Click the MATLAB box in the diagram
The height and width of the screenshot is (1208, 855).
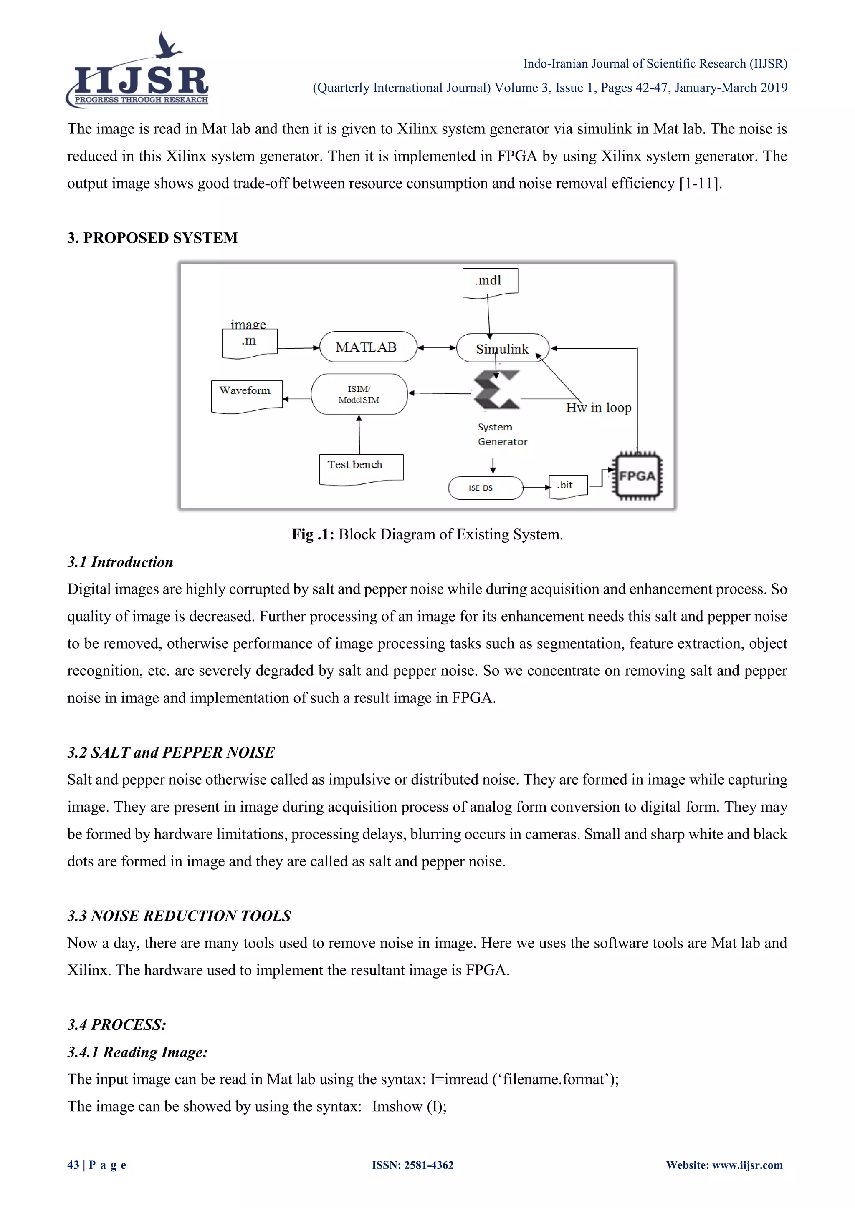tap(367, 347)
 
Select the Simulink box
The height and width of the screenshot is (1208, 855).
tap(502, 348)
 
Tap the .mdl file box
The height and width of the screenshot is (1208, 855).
tap(490, 282)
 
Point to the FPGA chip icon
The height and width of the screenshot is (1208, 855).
tap(637, 476)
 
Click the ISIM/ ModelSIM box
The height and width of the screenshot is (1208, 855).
tap(359, 394)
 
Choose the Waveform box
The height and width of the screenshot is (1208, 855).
tap(246, 395)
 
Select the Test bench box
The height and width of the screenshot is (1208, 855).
tap(361, 468)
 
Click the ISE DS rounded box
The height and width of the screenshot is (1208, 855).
tap(485, 488)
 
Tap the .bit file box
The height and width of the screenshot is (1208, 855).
tap(567, 486)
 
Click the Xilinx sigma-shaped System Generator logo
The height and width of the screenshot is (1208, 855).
tap(496, 390)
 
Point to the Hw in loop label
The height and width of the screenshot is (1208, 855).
tap(599, 408)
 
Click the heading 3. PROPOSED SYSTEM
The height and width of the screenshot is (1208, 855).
tap(153, 238)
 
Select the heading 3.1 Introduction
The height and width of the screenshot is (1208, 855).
tap(120, 562)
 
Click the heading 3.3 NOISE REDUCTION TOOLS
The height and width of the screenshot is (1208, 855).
tap(179, 916)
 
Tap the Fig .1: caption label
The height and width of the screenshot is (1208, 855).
tap(313, 535)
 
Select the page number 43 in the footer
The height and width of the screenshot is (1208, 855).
tap(73, 1165)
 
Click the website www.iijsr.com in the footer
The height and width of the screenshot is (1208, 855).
tap(747, 1165)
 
